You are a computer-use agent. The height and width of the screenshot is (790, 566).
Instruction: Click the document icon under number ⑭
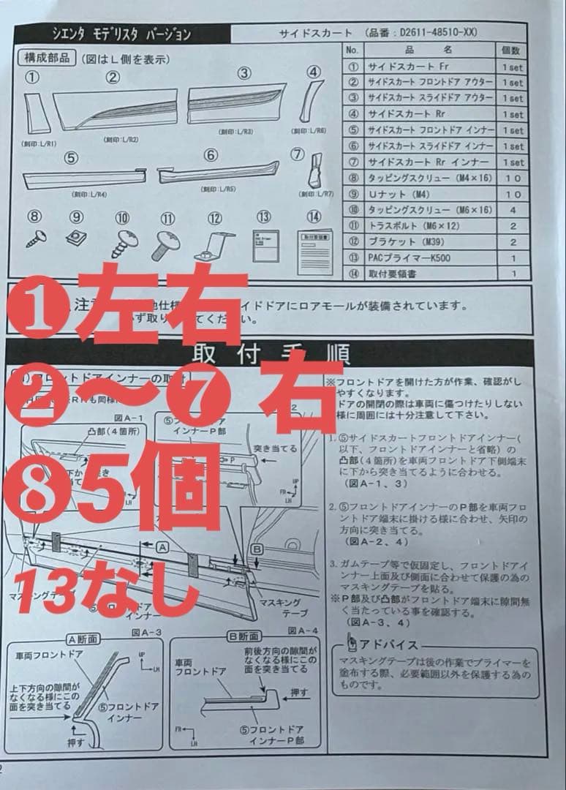click(x=314, y=242)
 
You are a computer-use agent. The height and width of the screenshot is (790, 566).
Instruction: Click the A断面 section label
click(x=82, y=639)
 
